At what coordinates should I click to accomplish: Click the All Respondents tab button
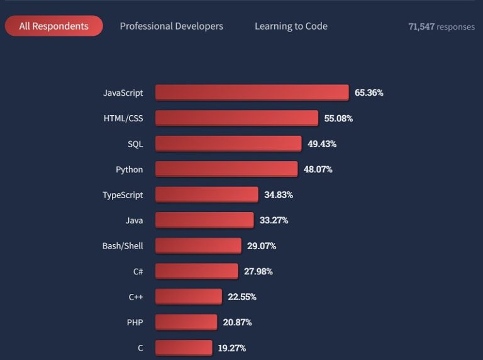[x=53, y=26]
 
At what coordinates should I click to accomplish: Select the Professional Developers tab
[x=171, y=26]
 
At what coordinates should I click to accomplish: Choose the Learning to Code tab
[x=291, y=26]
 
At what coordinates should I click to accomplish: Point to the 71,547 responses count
[x=441, y=26]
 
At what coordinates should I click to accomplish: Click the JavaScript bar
[x=252, y=93]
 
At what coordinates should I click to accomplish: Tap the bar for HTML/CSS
[x=236, y=118]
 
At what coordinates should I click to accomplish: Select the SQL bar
[x=228, y=143]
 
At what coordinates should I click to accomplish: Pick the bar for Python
[x=226, y=169]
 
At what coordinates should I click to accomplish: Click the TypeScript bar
[x=207, y=194]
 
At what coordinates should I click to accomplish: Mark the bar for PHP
[x=186, y=322]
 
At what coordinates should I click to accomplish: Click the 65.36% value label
[x=369, y=93]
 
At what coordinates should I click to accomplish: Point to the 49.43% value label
[x=322, y=143]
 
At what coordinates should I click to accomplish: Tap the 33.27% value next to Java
[x=274, y=220]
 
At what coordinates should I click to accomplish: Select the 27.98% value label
[x=258, y=271]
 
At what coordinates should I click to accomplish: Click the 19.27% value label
[x=232, y=347]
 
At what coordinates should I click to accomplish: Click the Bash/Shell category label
[x=123, y=245]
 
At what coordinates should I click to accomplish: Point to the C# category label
[x=138, y=271]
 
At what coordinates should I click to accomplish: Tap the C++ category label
[x=135, y=296]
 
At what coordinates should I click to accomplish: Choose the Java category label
[x=134, y=220]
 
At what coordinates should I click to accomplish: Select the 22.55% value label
[x=242, y=296]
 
